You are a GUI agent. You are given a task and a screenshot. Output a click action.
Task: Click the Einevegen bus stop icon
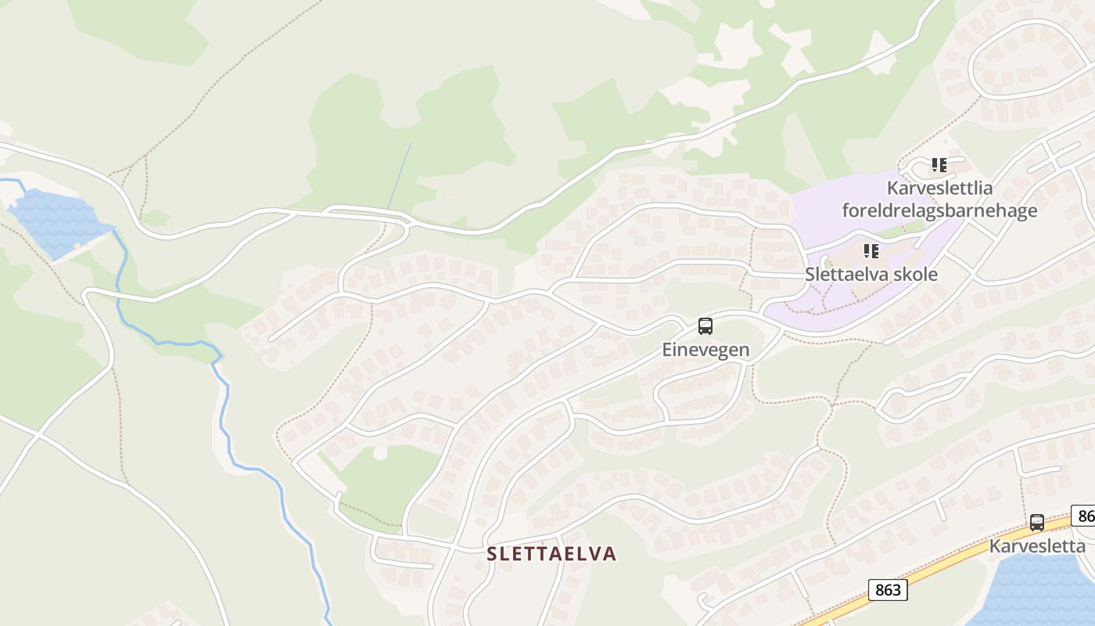(705, 326)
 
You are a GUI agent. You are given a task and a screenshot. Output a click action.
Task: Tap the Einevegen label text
(705, 350)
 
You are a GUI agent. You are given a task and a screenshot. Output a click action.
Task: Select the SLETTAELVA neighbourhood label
(551, 554)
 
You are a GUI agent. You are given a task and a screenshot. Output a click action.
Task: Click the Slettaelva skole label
(871, 275)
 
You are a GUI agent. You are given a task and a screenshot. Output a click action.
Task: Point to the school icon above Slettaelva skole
(871, 251)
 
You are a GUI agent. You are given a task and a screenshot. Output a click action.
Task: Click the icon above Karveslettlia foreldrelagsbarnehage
(939, 165)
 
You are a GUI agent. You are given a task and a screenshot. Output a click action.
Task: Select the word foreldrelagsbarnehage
(939, 210)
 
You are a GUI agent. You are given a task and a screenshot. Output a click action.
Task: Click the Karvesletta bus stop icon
(1037, 523)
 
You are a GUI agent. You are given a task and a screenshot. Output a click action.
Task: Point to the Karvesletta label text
(1037, 546)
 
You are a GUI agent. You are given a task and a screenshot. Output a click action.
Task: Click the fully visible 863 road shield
(888, 590)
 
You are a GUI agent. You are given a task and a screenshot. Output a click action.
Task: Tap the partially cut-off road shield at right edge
(1084, 516)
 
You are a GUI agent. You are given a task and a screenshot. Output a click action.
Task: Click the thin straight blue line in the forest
(400, 175)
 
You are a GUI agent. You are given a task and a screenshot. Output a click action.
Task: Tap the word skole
(917, 275)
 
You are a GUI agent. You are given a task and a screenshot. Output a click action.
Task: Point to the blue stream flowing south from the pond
(227, 415)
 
